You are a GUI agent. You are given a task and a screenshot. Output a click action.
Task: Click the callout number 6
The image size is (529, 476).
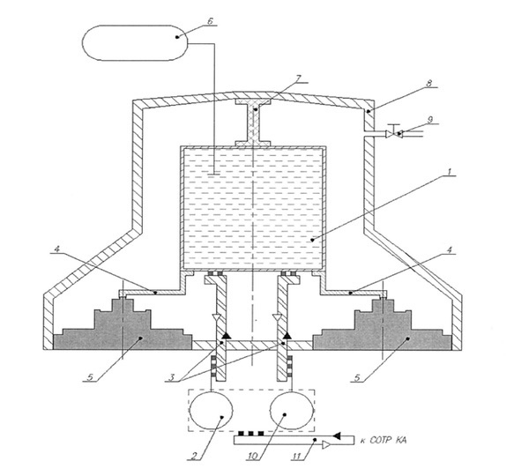(x=210, y=21)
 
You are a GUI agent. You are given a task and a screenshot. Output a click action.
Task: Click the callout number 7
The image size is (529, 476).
(x=298, y=78)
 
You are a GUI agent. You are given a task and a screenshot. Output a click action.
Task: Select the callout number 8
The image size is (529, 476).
(x=429, y=83)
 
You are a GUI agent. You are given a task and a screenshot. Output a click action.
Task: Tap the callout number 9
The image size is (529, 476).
(x=430, y=120)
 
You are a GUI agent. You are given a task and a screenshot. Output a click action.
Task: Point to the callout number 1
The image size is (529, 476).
(x=449, y=172)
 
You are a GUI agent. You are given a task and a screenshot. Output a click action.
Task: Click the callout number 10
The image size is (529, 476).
(x=253, y=457)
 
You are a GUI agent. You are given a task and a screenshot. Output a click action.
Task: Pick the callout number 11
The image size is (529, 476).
(x=296, y=457)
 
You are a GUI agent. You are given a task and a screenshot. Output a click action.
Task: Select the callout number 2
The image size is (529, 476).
(x=194, y=457)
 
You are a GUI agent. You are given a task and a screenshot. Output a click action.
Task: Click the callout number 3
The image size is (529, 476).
(x=171, y=377)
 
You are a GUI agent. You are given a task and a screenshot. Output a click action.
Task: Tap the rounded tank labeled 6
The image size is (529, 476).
(x=135, y=43)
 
